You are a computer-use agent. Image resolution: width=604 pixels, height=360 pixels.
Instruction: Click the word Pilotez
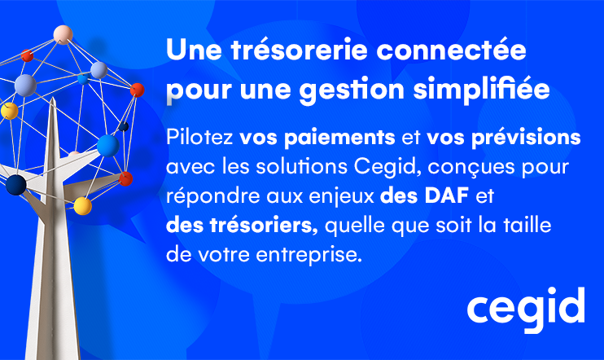[x=190, y=137]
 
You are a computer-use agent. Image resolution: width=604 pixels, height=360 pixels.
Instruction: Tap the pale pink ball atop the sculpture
[x=63, y=34]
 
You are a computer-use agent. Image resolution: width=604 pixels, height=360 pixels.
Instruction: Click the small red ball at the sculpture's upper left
[x=27, y=55]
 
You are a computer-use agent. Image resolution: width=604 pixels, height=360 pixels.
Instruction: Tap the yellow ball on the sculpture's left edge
[x=8, y=111]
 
